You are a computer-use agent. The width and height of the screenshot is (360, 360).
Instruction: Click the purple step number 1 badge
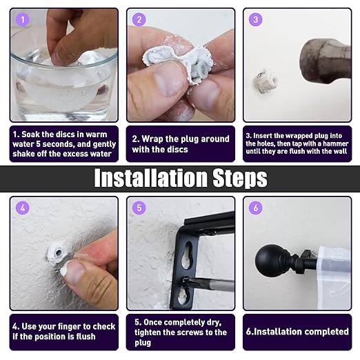(x=23, y=19)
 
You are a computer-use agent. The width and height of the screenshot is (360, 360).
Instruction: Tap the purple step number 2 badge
(x=139, y=19)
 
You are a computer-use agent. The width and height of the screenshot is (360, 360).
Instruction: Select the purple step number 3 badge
(x=256, y=19)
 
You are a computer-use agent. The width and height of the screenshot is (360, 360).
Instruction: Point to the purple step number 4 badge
(x=23, y=208)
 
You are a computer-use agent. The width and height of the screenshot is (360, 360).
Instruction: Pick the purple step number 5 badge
(x=139, y=208)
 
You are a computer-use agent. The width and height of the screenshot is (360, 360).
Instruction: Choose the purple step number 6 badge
(x=256, y=208)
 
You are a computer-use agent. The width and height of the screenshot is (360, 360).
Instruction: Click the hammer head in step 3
(x=326, y=61)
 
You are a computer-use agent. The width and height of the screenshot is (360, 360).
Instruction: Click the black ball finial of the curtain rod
(x=268, y=261)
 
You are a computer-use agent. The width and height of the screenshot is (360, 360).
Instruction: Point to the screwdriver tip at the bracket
(x=187, y=281)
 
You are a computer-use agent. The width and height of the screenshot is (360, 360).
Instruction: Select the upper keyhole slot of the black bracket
(x=187, y=255)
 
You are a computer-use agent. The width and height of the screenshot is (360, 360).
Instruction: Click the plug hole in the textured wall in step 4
(x=59, y=253)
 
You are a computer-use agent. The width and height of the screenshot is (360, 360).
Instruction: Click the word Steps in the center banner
(x=240, y=178)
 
